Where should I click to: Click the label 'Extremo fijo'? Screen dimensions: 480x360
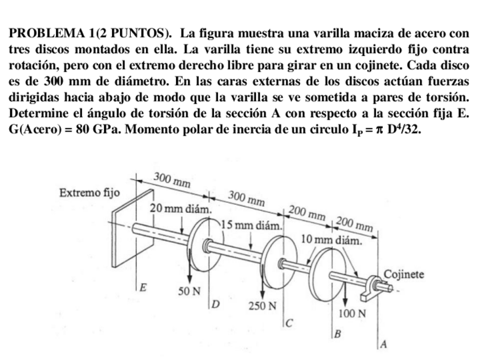tap(89, 192)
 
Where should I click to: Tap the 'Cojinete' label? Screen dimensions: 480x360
tap(404, 275)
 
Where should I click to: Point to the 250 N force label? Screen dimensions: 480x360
tap(263, 306)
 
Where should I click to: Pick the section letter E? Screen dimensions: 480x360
tap(144, 288)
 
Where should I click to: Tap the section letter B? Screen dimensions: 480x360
tap(338, 333)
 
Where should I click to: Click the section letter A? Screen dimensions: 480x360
tap(384, 344)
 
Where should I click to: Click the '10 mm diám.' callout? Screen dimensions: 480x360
tap(332, 239)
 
